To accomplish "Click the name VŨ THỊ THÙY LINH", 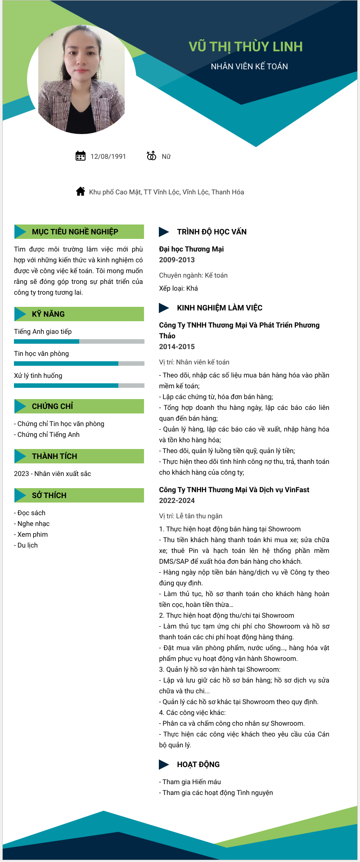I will [245, 47].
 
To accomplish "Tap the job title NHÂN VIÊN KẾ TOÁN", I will [249, 67].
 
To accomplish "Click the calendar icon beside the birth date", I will [81, 156].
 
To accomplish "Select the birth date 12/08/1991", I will [108, 157].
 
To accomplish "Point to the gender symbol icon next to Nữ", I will [151, 156].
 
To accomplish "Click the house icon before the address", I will [81, 192].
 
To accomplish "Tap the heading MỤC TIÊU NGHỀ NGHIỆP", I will [75, 232].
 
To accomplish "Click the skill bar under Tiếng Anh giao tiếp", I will [79, 341].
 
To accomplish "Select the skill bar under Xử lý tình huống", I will [79, 386].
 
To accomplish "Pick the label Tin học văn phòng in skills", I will [41, 354].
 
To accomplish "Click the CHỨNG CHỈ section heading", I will [52, 406].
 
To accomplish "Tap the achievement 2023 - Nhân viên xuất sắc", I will [52, 474].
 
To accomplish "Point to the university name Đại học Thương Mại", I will [191, 249].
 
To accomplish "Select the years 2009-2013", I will [177, 260].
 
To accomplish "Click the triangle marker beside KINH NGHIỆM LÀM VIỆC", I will [164, 308].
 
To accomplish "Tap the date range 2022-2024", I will [177, 501].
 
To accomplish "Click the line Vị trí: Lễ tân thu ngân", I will [190, 516].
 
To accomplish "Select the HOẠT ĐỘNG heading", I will [198, 764].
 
